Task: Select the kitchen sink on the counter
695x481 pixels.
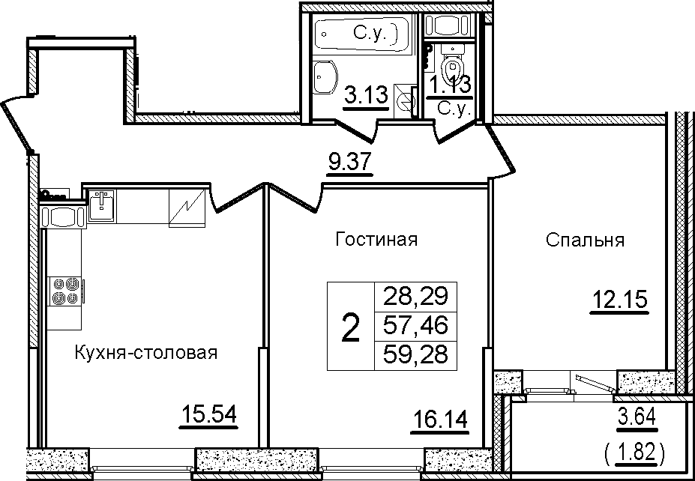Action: (x=101, y=205)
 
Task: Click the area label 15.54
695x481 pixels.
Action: (x=208, y=416)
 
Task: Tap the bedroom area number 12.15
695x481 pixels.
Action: (x=619, y=300)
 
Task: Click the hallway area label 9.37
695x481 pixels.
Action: (x=349, y=164)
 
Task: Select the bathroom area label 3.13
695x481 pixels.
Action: (x=367, y=96)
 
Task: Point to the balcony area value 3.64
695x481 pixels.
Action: (x=636, y=417)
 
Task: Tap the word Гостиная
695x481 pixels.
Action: (x=377, y=240)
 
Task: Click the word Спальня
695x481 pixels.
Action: (x=585, y=240)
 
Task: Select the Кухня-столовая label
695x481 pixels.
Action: (x=146, y=354)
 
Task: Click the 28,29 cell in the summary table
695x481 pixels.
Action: (x=415, y=295)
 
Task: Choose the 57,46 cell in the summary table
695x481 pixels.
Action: (x=415, y=327)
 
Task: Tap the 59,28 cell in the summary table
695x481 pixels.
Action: (x=415, y=355)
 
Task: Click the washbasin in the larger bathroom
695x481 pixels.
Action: (x=325, y=77)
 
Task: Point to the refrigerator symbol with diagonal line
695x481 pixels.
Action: (x=187, y=208)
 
